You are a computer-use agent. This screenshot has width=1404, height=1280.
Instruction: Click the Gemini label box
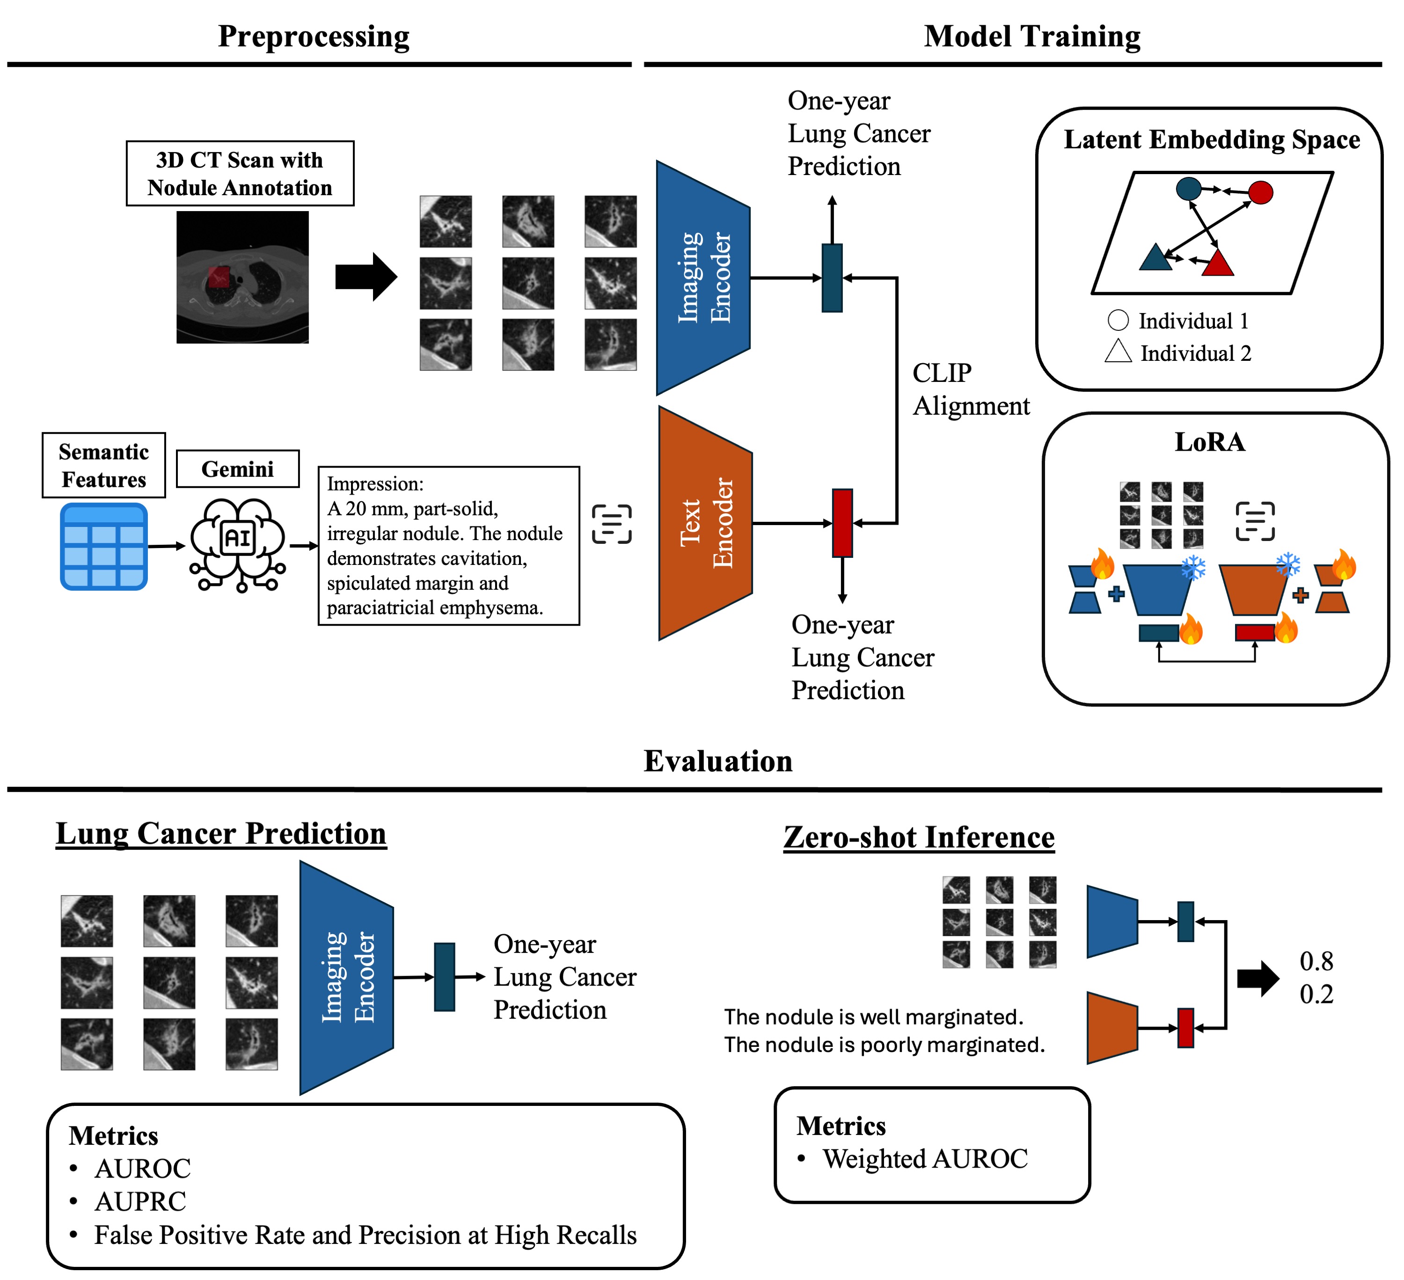tap(237, 468)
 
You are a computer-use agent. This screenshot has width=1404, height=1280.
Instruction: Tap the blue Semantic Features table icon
tap(104, 547)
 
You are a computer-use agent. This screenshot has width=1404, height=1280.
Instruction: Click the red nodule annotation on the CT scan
tap(219, 277)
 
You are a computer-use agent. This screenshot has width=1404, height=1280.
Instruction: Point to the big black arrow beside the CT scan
tap(366, 277)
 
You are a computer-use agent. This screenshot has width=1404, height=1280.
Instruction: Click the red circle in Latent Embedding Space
tap(1260, 192)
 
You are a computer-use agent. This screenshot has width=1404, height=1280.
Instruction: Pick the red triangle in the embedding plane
tap(1217, 263)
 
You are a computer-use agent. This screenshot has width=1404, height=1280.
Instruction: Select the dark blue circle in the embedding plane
tap(1188, 188)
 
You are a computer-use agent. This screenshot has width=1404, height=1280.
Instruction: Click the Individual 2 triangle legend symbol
tap(1118, 351)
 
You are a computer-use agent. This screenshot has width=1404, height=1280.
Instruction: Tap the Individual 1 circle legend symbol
tap(1118, 320)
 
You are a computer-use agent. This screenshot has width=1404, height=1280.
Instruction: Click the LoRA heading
tap(1210, 442)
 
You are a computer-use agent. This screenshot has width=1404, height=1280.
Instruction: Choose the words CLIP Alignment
tap(971, 389)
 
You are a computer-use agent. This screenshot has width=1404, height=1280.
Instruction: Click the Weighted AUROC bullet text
tap(925, 1159)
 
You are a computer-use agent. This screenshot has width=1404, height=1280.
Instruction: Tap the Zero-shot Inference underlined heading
tap(919, 837)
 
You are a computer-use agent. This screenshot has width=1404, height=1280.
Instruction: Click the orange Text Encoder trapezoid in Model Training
tap(705, 523)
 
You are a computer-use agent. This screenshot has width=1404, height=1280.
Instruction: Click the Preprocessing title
tap(314, 36)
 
